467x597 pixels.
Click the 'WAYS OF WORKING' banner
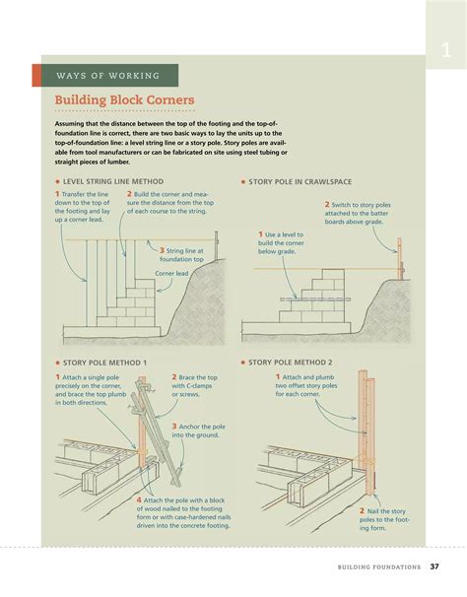[105, 76]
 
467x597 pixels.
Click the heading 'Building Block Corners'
[124, 99]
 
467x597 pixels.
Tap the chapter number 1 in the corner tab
[446, 50]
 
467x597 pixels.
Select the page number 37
[434, 566]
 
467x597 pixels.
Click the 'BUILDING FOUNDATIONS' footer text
[379, 566]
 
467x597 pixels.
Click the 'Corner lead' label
[171, 273]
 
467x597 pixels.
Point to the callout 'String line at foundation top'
[181, 255]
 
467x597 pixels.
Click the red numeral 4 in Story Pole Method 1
[139, 499]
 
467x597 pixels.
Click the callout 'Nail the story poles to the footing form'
[384, 519]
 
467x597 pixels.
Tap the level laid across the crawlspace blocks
[315, 299]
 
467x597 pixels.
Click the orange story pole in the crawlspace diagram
[400, 259]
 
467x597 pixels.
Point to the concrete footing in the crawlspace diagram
[296, 328]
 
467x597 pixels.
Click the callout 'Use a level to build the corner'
[281, 243]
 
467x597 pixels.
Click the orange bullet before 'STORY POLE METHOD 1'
[57, 363]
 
